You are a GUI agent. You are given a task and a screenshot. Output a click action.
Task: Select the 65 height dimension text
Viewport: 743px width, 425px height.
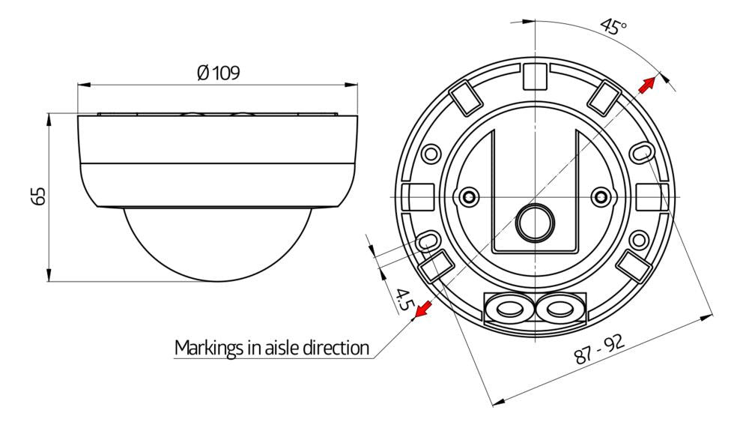[x=40, y=196]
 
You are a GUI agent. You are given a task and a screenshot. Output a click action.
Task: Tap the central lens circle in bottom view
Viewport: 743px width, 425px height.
[x=535, y=219]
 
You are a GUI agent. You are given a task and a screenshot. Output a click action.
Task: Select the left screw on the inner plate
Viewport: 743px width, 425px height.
[x=469, y=196]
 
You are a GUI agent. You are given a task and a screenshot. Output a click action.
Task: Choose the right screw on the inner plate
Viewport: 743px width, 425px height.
[x=599, y=196]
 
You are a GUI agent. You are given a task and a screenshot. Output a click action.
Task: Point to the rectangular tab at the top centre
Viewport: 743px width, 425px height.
[x=535, y=74]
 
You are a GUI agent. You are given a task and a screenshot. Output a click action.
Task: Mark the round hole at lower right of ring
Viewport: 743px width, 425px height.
[x=639, y=239]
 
